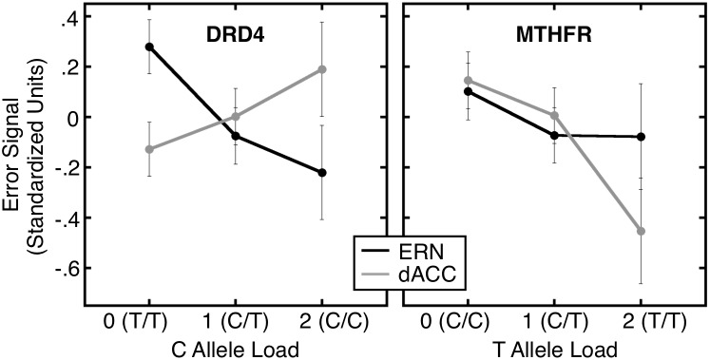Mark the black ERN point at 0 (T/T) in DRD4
pyautogui.click(x=149, y=47)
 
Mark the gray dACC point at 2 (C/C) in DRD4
pyautogui.click(x=322, y=69)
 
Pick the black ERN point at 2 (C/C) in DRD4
pyautogui.click(x=322, y=173)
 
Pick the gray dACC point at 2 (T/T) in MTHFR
pyautogui.click(x=642, y=231)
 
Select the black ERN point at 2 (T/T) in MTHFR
pyautogui.click(x=642, y=137)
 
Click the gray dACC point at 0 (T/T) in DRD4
pyautogui.click(x=149, y=149)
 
